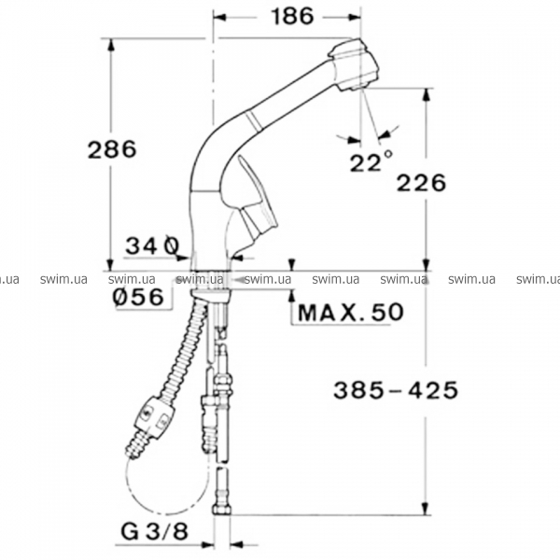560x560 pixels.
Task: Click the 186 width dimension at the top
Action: [292, 17]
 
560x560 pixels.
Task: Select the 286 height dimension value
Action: [112, 149]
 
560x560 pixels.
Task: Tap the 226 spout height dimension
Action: [422, 183]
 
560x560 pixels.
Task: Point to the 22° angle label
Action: [371, 161]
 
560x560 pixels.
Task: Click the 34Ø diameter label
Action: [152, 246]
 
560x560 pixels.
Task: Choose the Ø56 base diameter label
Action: [139, 297]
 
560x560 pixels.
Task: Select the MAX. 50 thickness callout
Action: [351, 312]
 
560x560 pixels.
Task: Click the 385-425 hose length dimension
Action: [396, 389]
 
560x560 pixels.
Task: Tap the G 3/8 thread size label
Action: [154, 532]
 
